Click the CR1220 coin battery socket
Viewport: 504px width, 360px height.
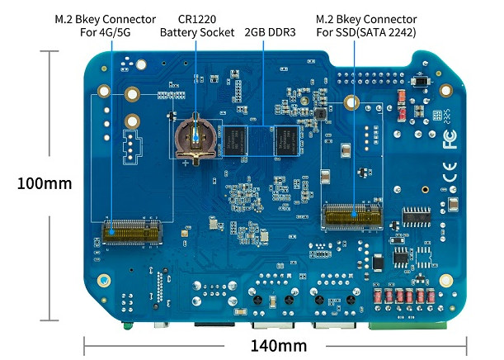click(195, 139)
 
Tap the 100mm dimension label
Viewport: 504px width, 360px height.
click(45, 183)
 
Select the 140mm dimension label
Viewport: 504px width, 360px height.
click(278, 346)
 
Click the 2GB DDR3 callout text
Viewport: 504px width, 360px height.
click(270, 32)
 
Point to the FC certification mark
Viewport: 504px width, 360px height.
click(450, 139)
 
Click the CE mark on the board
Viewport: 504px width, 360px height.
click(450, 173)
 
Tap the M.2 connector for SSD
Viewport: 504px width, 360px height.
click(352, 216)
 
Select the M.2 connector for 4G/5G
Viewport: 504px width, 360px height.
click(132, 232)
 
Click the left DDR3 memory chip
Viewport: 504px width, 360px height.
click(235, 141)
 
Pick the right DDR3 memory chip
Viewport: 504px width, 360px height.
click(287, 141)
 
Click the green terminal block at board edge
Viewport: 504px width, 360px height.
click(407, 325)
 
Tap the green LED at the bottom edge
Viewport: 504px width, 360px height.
click(128, 326)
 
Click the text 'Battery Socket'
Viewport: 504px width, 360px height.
click(197, 32)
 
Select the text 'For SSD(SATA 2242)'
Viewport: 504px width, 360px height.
click(366, 32)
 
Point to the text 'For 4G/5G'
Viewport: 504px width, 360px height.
click(105, 32)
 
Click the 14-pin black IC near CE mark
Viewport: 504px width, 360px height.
click(417, 217)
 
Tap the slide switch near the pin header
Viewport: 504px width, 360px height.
click(420, 81)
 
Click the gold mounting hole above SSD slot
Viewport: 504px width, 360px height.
click(351, 102)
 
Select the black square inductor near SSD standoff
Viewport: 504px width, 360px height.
click(320, 114)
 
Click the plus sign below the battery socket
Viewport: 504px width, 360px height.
click(186, 163)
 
